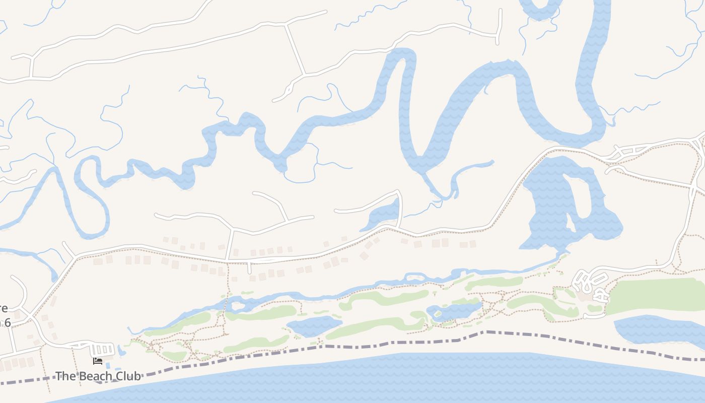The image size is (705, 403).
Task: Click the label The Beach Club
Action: click(x=98, y=376)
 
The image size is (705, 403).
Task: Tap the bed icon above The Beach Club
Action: click(x=98, y=361)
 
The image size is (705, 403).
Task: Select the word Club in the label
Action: click(x=128, y=376)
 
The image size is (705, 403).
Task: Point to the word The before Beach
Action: click(x=64, y=376)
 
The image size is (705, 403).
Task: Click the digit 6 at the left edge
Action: click(x=7, y=322)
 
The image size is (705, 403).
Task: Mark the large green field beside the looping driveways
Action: click(x=655, y=295)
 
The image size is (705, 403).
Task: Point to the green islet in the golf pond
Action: click(x=439, y=313)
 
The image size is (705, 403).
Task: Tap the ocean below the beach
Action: click(x=403, y=378)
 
